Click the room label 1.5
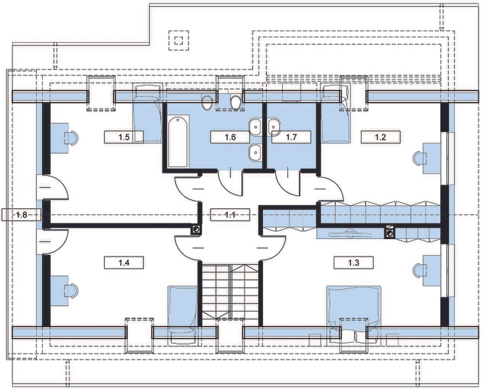pyautogui.click(x=124, y=137)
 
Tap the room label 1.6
pyautogui.click(x=230, y=137)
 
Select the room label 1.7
pyautogui.click(x=291, y=137)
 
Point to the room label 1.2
pyautogui.click(x=380, y=137)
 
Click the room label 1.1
pyautogui.click(x=230, y=215)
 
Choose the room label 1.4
pyautogui.click(x=124, y=263)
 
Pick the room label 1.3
pyautogui.click(x=353, y=263)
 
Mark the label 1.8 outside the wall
pyautogui.click(x=21, y=214)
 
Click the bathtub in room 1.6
pyautogui.click(x=178, y=141)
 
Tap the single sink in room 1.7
pyautogui.click(x=274, y=127)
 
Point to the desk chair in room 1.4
pyautogui.click(x=71, y=291)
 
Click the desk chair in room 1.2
pyautogui.click(x=420, y=159)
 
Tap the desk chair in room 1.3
pyautogui.click(x=420, y=270)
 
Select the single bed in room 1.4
pyautogui.click(x=182, y=315)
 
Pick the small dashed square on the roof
pyautogui.click(x=179, y=40)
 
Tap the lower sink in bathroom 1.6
pyautogui.click(x=255, y=152)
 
